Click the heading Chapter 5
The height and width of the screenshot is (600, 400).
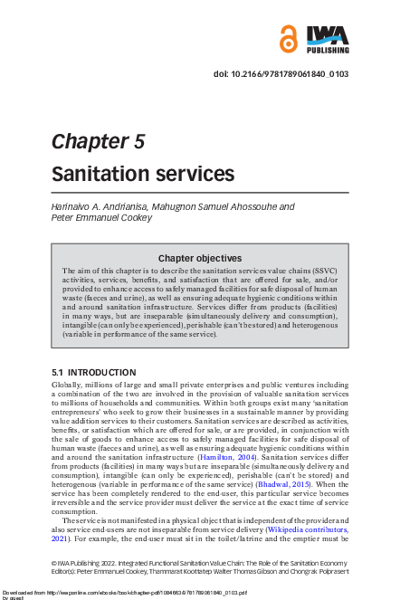pos(98,141)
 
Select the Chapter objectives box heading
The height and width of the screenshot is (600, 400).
pos(200,258)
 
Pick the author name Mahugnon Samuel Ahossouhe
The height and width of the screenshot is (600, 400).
pos(207,206)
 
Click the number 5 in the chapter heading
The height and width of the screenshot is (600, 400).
pos(138,141)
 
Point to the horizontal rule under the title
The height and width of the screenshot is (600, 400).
pos(200,193)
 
